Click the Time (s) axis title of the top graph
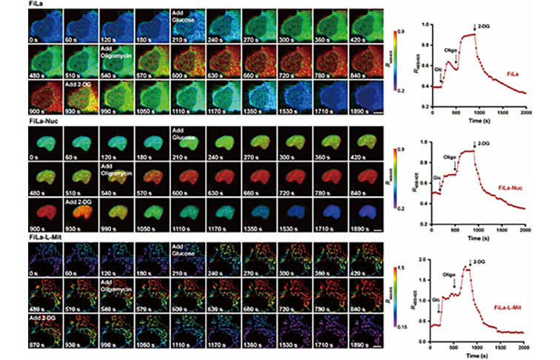[x=479, y=120]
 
